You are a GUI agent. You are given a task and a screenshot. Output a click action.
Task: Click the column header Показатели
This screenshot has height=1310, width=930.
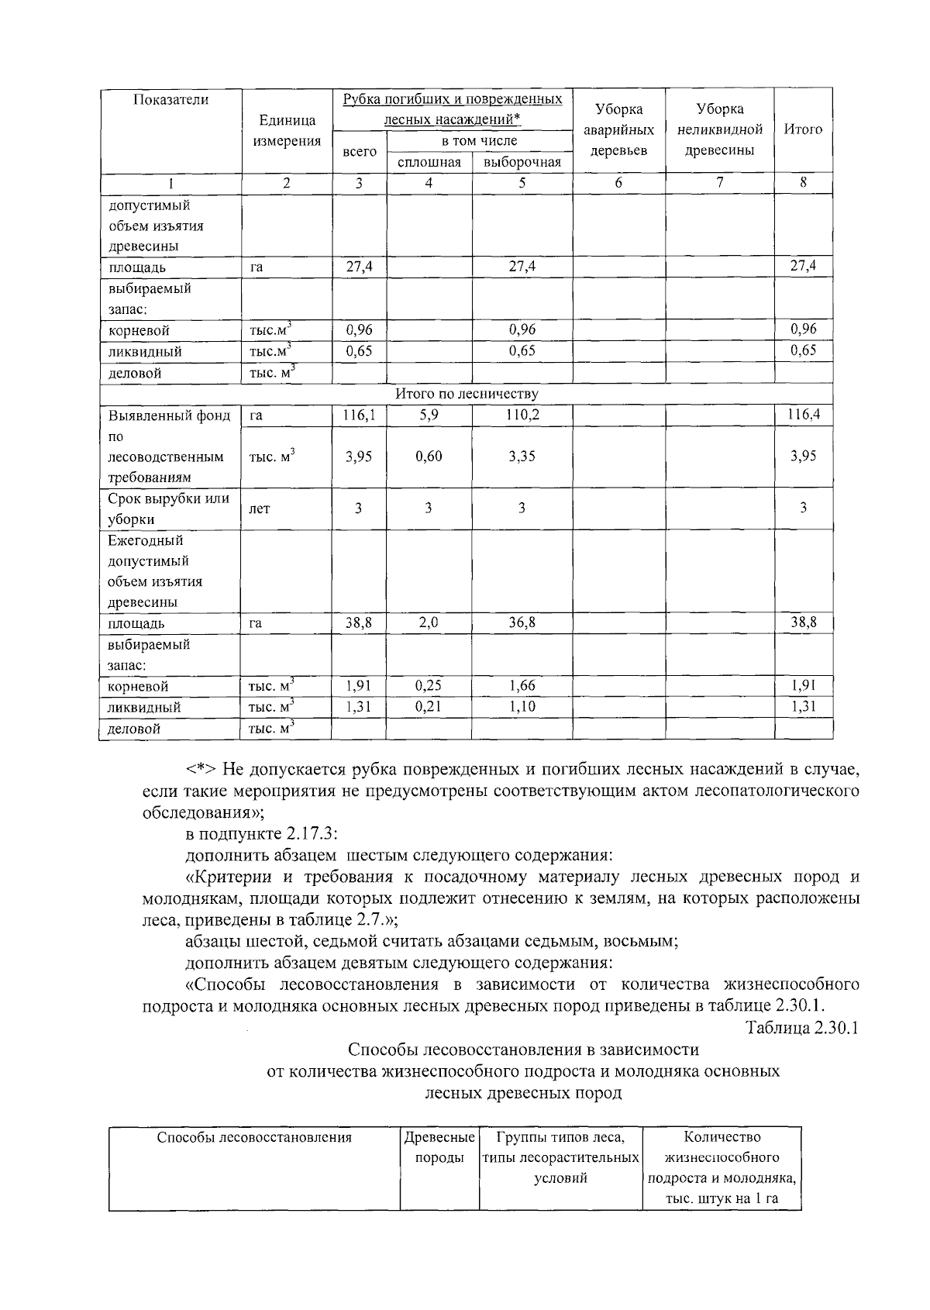coord(170,100)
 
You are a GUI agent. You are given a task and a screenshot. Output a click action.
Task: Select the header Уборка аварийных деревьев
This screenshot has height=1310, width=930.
coord(618,129)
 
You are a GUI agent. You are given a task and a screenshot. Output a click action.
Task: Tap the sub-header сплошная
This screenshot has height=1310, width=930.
coord(429,162)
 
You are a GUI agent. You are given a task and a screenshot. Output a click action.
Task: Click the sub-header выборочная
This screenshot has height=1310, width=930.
coord(522,162)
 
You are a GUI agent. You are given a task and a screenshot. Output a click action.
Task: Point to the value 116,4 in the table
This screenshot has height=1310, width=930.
coord(804,415)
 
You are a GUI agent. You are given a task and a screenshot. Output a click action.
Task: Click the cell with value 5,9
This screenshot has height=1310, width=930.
coord(429,415)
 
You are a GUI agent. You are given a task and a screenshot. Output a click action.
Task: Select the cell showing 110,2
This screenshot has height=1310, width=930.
coord(522,415)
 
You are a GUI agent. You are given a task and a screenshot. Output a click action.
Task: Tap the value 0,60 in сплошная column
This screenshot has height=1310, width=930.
coord(429,457)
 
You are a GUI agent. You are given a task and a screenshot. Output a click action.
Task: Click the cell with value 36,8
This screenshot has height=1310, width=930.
coord(522,622)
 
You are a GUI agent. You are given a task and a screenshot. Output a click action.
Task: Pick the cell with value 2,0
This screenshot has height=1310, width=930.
coord(429,622)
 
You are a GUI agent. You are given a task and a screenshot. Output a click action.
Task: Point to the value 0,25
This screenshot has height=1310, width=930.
coord(429,685)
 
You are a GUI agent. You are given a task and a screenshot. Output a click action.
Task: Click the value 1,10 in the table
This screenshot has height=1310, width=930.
coord(522,706)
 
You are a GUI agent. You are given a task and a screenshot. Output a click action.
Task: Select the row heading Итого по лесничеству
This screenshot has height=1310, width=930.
coord(467,394)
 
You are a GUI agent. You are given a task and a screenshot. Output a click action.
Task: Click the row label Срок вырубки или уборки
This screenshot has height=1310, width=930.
coord(169,508)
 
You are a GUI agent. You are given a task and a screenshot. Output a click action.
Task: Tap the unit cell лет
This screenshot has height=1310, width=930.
coord(260,509)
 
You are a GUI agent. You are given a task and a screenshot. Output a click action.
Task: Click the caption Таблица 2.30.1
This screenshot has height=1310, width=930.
coord(801,1028)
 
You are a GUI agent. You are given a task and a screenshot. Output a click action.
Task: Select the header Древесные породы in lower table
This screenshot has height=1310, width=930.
coord(439,1147)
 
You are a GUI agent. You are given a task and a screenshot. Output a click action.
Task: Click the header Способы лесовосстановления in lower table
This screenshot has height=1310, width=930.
coord(254,1137)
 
